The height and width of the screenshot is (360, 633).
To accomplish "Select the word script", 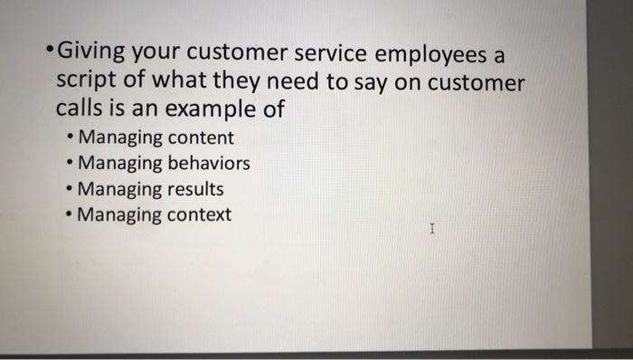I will click(84, 84).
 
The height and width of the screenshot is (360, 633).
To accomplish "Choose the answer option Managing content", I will click(156, 138).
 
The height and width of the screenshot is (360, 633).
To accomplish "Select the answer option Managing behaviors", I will click(165, 164).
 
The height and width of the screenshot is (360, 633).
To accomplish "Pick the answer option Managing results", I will click(152, 190).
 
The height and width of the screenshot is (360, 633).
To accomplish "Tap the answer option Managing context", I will click(156, 215).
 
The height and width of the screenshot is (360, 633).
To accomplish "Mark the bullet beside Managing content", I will click(71, 138).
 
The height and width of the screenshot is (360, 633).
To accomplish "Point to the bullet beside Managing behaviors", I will click(71, 164).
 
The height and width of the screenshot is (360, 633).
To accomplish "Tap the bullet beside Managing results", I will click(71, 190).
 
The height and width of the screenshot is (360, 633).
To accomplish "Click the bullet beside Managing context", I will click(71, 215).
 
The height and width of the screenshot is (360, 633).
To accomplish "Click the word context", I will click(200, 215).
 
